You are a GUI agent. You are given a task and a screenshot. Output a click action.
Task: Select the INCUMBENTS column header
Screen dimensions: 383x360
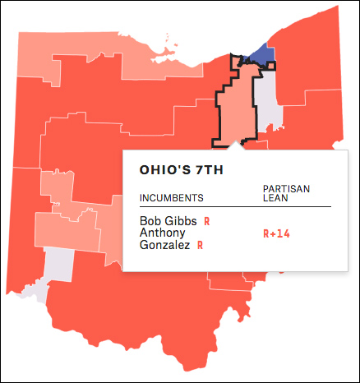171,199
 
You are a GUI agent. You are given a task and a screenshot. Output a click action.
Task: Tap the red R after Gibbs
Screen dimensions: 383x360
207,221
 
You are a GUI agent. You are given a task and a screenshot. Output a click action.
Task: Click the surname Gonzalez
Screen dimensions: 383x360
164,245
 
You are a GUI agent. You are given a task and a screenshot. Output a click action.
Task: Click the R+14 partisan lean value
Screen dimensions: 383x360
276,233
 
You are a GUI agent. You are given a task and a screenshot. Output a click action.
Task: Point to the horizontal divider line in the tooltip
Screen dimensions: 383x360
235,206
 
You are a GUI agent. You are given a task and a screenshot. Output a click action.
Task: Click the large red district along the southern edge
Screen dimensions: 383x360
148,329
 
